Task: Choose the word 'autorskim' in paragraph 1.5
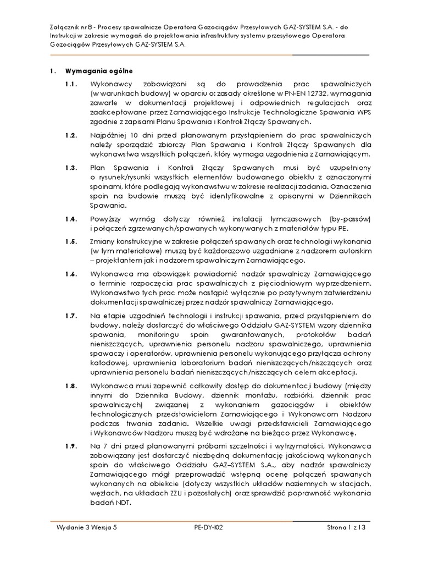click(356, 251)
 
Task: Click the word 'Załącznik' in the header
click(65, 27)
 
